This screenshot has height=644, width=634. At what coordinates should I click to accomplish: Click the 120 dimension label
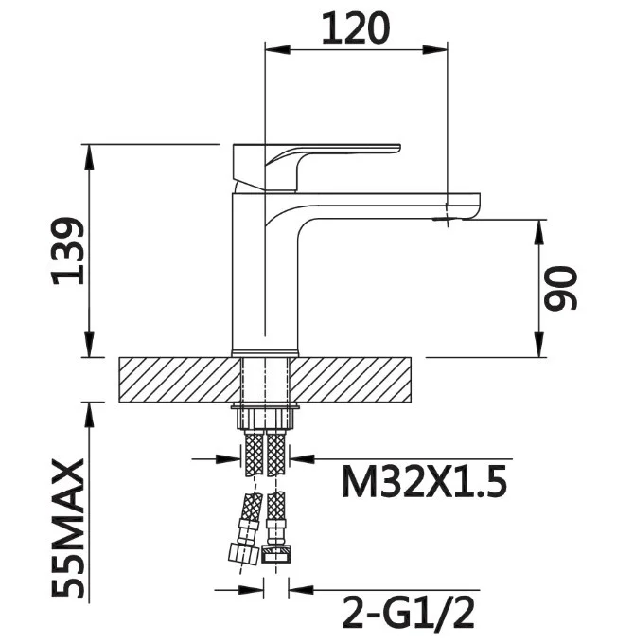click(x=356, y=27)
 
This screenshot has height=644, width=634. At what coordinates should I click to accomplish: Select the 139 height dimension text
click(x=68, y=251)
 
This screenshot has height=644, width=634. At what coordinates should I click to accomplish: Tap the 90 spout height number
click(x=560, y=288)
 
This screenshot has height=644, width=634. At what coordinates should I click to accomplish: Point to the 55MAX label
click(x=68, y=528)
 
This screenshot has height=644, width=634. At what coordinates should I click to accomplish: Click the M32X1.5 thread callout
click(x=424, y=482)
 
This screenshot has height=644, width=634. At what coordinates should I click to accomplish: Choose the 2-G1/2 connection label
click(x=408, y=613)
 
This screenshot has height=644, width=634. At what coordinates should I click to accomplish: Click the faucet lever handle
click(x=316, y=167)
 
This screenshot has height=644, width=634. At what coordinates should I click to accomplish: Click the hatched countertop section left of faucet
click(x=181, y=380)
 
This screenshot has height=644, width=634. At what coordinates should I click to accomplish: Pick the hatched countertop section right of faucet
click(x=349, y=380)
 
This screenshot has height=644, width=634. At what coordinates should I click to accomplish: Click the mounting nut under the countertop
click(x=266, y=417)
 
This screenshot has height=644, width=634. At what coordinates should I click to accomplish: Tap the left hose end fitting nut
click(x=243, y=553)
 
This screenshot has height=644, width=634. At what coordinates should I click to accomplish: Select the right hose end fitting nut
click(x=276, y=554)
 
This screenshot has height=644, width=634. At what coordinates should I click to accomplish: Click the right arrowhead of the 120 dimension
click(x=435, y=50)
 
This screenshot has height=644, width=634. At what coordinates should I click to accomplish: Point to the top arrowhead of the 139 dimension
click(x=89, y=156)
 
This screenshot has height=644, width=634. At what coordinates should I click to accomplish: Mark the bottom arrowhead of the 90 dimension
click(x=540, y=345)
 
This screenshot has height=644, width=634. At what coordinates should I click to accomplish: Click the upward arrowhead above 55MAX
click(x=89, y=415)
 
